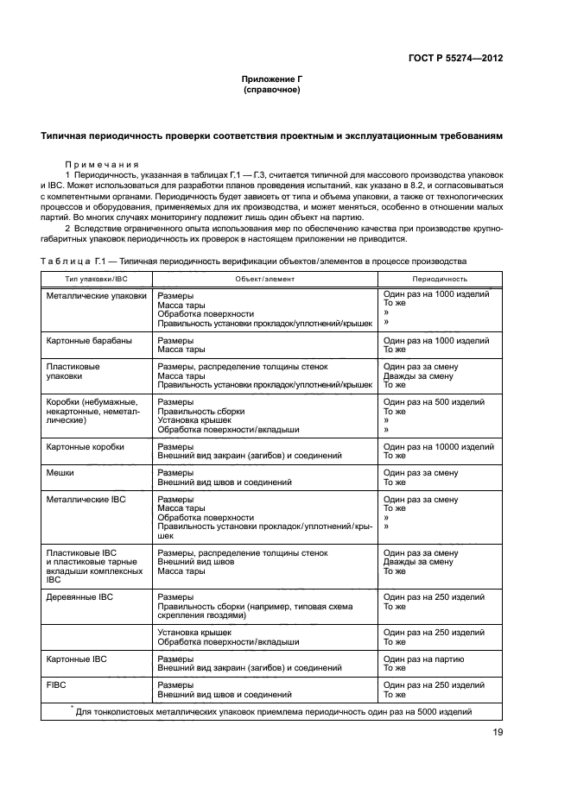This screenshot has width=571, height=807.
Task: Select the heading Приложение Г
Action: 271,79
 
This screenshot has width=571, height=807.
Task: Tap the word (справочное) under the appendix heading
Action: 271,89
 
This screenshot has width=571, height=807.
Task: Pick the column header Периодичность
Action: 439,279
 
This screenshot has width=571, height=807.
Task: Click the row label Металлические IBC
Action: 86,499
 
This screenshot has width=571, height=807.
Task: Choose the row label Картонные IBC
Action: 76,659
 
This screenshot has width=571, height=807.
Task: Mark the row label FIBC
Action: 57,685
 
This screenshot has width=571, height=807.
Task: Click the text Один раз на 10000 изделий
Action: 438,447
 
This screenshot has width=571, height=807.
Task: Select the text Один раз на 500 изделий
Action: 435,402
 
